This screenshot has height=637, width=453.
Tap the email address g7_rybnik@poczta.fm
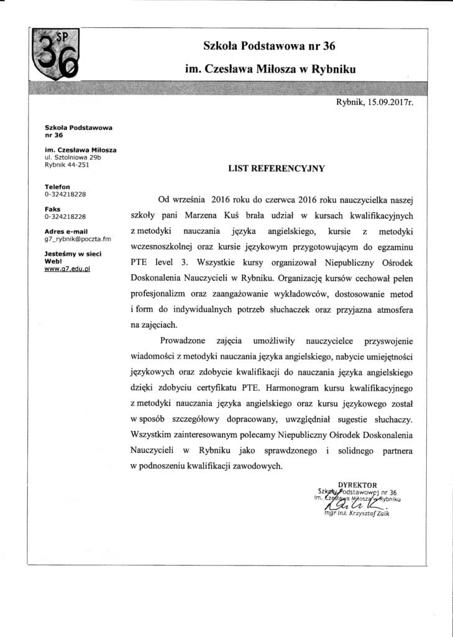78,238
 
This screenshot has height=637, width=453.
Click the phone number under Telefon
65,194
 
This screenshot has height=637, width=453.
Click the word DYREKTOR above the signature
357,485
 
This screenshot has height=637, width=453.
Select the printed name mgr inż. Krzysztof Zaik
356,513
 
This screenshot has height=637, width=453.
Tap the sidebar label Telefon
57,187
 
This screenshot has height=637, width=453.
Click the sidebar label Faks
52,210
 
